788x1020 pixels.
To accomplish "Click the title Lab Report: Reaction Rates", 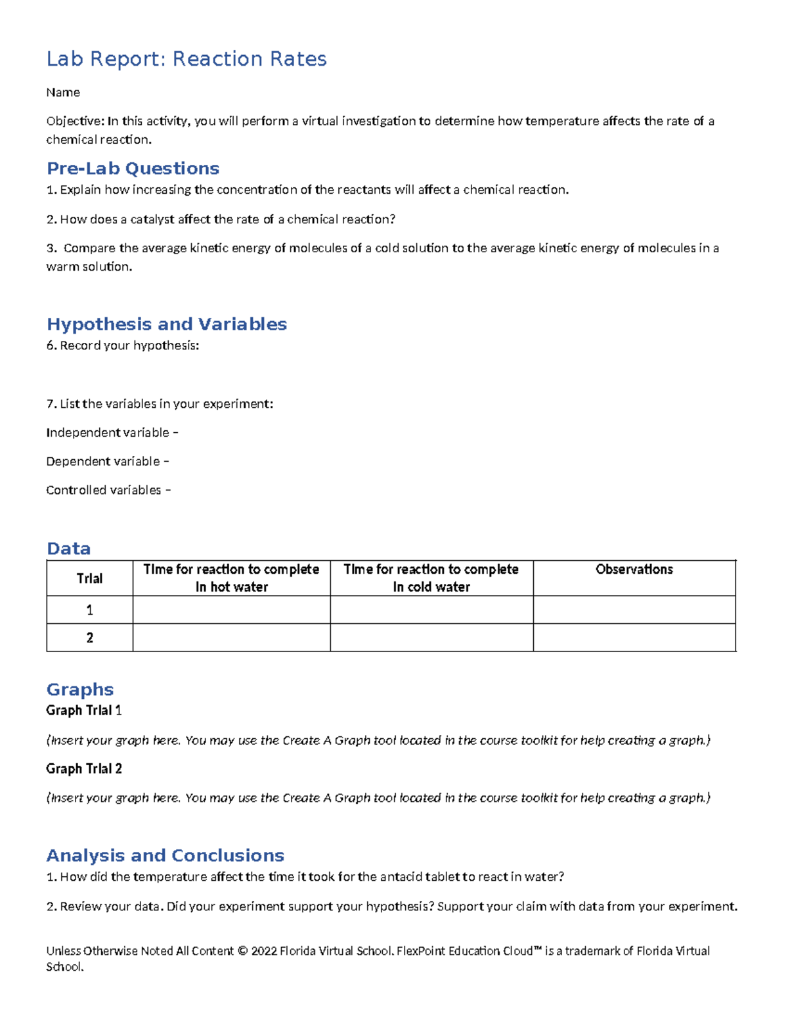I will click(186, 59).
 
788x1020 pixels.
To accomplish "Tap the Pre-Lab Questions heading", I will click(133, 169).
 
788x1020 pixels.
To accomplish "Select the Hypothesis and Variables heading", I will click(167, 324).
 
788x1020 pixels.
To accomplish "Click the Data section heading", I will click(68, 549).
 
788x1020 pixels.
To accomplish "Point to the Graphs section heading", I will click(80, 690).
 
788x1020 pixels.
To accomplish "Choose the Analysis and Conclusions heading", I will click(165, 856).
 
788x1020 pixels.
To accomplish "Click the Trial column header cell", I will click(89, 579).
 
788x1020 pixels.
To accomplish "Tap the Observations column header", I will click(634, 569).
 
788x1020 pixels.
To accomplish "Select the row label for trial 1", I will click(89, 610).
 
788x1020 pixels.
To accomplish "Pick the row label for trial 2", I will click(89, 638).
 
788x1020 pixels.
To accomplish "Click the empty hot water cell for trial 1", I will click(231, 610).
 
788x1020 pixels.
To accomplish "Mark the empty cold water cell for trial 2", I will click(431, 638).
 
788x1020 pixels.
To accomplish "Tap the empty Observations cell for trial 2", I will click(634, 638).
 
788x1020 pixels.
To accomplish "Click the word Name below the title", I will click(63, 93).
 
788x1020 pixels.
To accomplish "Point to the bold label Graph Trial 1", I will click(84, 711).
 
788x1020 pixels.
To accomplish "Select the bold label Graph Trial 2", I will click(84, 769).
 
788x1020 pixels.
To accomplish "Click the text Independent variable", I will click(108, 433).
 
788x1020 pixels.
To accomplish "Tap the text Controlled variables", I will click(104, 491).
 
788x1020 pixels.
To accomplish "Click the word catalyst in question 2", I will click(152, 219).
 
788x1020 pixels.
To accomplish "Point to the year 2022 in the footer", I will click(264, 951).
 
